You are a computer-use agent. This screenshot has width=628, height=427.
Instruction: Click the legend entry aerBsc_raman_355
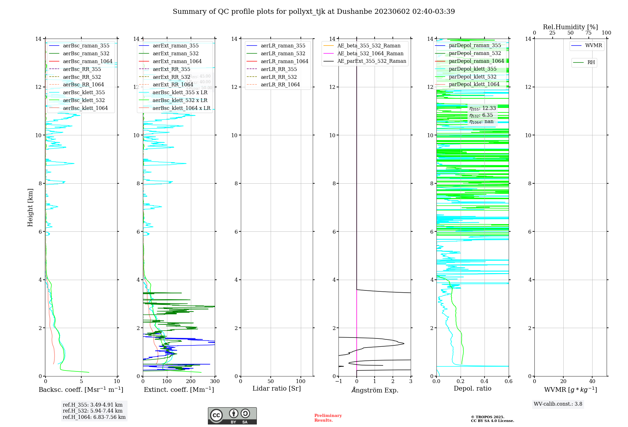[86, 46]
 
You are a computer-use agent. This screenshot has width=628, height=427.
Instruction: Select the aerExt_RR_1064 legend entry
[173, 85]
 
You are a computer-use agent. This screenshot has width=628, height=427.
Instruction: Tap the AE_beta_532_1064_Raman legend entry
[370, 54]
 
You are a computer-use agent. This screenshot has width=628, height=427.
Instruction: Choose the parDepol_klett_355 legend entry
[473, 69]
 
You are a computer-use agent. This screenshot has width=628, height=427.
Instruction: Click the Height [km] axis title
[30, 208]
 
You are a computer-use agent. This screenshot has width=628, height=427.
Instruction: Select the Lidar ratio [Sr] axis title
[277, 388]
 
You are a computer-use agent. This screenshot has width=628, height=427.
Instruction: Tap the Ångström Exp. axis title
[375, 390]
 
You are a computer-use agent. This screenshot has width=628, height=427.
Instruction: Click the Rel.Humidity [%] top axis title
[570, 27]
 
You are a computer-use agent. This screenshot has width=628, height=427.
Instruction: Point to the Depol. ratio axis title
[472, 388]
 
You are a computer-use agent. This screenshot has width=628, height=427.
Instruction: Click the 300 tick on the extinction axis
[215, 381]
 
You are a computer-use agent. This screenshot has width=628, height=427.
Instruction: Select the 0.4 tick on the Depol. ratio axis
[485, 381]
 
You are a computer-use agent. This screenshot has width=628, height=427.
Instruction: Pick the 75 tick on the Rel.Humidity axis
[588, 33]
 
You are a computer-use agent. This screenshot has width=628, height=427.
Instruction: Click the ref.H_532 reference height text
[92, 411]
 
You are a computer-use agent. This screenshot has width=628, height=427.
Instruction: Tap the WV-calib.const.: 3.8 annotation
[558, 404]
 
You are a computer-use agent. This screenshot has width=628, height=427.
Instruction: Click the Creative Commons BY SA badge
[232, 416]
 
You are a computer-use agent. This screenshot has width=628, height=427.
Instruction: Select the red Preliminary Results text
[328, 418]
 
